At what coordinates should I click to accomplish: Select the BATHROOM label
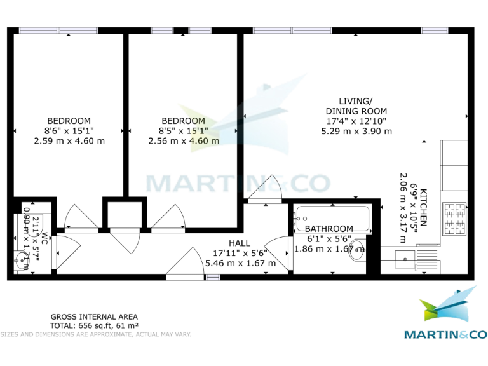point(329,229)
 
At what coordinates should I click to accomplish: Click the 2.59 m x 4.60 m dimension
point(69,141)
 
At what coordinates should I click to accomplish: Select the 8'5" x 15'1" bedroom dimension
point(183,131)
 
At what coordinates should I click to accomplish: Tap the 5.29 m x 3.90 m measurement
point(356,131)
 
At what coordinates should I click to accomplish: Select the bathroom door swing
point(277,248)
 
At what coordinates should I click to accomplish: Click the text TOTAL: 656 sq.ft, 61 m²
point(94,325)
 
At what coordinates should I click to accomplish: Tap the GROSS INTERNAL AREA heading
point(94,316)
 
